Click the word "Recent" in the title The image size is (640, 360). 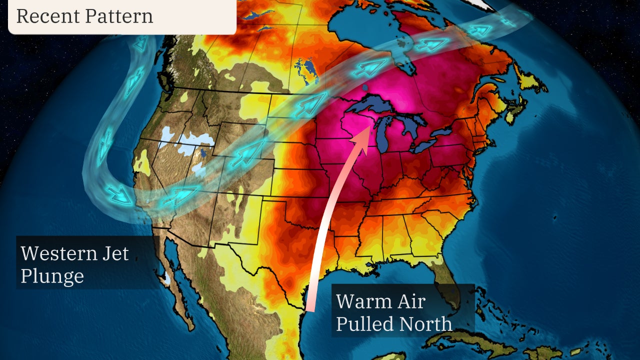tap(47, 16)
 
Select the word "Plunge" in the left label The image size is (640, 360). tap(52, 276)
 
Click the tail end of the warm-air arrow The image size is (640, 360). tap(310, 307)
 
